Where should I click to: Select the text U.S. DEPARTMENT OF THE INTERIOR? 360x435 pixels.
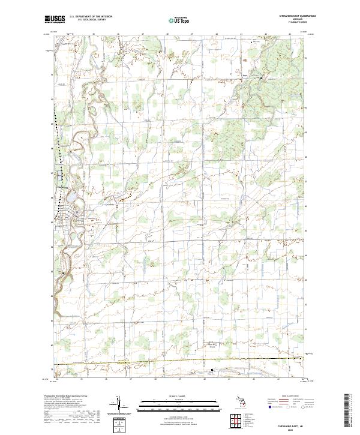(90, 17)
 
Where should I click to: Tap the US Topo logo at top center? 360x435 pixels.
(176, 20)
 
